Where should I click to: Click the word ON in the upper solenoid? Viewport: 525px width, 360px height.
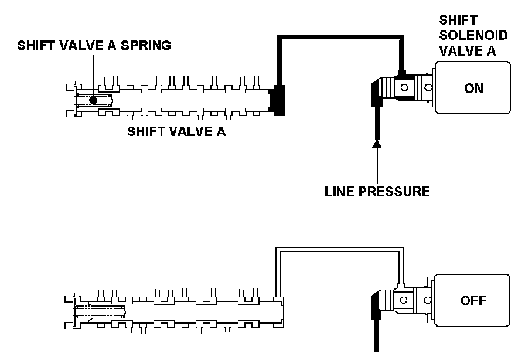(x=473, y=88)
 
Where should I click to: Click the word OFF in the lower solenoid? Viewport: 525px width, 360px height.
(x=473, y=300)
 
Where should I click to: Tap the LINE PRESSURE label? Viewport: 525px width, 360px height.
(x=377, y=191)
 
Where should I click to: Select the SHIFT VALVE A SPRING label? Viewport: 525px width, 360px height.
(x=94, y=45)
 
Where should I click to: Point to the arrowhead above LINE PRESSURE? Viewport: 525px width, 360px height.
(x=377, y=144)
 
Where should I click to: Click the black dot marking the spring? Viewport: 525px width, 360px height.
(x=93, y=100)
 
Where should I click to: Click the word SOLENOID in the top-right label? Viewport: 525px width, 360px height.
(x=473, y=35)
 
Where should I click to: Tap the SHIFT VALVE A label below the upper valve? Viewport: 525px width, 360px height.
(x=176, y=131)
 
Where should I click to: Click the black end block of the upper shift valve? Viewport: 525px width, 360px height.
(x=278, y=100)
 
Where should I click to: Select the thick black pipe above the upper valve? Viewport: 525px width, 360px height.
(x=340, y=37)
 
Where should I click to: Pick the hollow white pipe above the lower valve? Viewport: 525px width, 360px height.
(x=339, y=250)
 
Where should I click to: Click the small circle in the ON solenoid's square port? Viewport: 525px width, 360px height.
(x=404, y=87)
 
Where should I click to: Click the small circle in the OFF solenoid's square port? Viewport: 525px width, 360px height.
(x=404, y=300)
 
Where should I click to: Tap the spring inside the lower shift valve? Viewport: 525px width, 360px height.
(x=100, y=312)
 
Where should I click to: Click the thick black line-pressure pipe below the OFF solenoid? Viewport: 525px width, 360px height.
(x=376, y=335)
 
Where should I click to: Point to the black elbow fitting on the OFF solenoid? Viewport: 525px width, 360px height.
(x=376, y=305)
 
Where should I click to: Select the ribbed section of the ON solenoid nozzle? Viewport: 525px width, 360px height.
(x=388, y=87)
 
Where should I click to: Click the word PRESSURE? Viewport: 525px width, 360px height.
(x=394, y=191)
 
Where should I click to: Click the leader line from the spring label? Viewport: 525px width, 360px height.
(x=93, y=76)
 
